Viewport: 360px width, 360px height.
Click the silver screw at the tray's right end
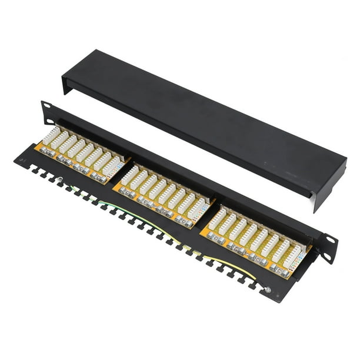[x=267, y=290]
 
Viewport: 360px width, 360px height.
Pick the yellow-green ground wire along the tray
[x=176, y=235]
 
